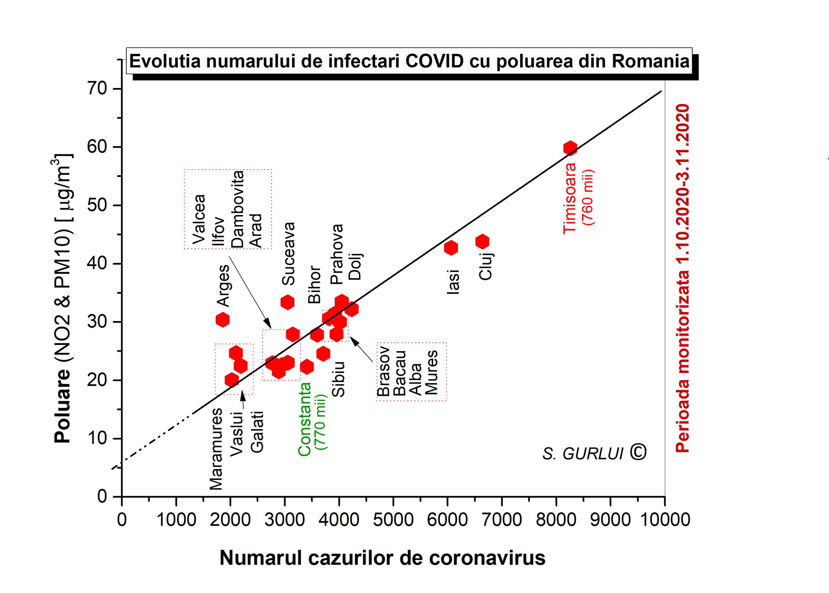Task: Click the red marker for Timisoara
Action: click(x=570, y=148)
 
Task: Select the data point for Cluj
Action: click(x=482, y=242)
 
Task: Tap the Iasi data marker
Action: click(x=451, y=248)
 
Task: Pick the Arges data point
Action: click(x=222, y=320)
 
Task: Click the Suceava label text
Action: click(x=289, y=254)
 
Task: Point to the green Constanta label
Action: click(x=304, y=419)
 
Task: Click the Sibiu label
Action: click(x=338, y=379)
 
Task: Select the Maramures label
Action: click(x=216, y=449)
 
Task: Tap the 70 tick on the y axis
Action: click(x=97, y=88)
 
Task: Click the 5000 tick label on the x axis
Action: click(x=393, y=520)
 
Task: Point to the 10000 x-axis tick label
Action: click(x=665, y=520)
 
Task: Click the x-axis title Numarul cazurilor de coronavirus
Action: click(x=382, y=558)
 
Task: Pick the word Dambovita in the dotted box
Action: click(x=237, y=209)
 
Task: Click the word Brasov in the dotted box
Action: click(x=383, y=371)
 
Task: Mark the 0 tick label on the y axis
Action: click(x=102, y=497)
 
